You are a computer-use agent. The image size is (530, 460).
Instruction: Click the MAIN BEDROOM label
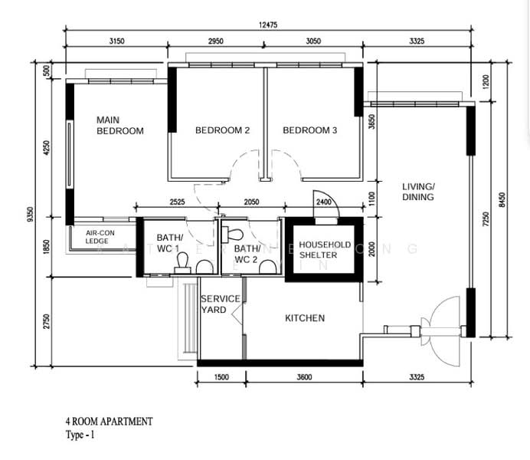click(119, 125)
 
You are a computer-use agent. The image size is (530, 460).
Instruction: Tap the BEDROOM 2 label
click(222, 130)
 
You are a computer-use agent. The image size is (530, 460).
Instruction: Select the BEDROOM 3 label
click(310, 130)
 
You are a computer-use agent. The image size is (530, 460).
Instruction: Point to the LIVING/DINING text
click(418, 192)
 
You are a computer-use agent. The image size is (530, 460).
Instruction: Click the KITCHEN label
click(305, 318)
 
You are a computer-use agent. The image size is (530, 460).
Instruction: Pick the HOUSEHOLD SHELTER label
click(325, 250)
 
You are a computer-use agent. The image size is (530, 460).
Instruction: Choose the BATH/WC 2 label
click(247, 254)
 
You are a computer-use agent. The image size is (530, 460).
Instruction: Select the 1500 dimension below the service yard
click(221, 377)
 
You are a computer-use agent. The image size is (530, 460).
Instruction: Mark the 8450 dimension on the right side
click(502, 201)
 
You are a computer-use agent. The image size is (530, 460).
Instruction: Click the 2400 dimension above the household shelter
click(324, 203)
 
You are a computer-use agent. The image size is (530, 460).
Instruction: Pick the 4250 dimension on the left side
click(46, 147)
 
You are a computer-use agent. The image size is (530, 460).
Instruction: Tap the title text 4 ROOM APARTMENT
click(109, 421)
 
